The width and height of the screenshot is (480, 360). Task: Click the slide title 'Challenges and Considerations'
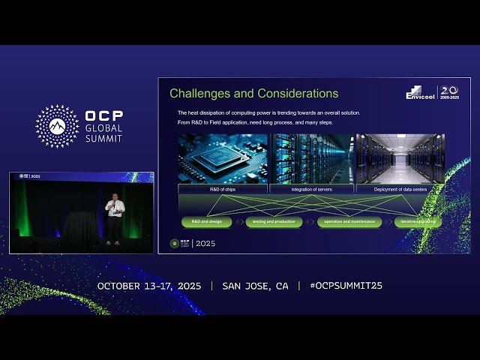(253, 94)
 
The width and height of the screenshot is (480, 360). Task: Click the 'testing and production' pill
(274, 222)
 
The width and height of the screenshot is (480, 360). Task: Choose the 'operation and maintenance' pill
(349, 222)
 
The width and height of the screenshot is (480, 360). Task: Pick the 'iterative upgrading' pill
(418, 222)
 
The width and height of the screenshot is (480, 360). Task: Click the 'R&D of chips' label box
(222, 190)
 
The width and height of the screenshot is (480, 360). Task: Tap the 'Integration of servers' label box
(311, 190)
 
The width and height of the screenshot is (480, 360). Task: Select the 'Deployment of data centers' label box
(400, 190)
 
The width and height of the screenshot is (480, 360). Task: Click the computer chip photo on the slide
(222, 158)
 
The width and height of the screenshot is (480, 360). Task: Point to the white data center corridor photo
(400, 158)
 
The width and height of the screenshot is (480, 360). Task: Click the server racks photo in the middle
(311, 158)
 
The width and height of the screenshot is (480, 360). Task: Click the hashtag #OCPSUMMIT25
(346, 286)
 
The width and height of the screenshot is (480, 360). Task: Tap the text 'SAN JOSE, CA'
(255, 286)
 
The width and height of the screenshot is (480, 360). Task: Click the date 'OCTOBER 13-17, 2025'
(150, 286)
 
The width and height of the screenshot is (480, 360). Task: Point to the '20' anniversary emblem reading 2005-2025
(448, 92)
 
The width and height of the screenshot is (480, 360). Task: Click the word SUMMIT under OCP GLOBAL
(104, 139)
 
